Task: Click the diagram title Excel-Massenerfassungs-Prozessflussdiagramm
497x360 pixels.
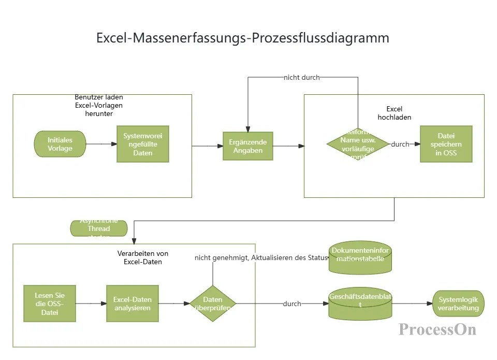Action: pos(243,38)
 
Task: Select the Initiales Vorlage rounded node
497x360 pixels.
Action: pos(60,144)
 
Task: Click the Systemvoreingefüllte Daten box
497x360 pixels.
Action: pos(142,144)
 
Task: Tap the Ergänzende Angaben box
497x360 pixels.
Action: pos(247,146)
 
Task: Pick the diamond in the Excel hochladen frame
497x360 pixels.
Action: pos(357,144)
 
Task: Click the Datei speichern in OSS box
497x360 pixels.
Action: pos(446,144)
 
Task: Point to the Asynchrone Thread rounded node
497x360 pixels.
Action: pos(98,228)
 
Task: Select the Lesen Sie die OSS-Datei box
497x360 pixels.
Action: pos(50,303)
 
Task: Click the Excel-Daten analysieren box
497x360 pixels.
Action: pos(132,303)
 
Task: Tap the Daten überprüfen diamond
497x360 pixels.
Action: pos(213,303)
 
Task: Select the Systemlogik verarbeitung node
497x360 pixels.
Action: pos(458,304)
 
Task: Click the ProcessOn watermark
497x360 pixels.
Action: pos(437,329)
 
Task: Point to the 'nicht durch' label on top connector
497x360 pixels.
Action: pos(301,78)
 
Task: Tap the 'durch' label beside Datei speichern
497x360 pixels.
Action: pos(400,144)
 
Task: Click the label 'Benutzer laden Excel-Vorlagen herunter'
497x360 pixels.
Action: pos(98,105)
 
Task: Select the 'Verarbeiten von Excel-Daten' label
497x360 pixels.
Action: pos(143,257)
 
